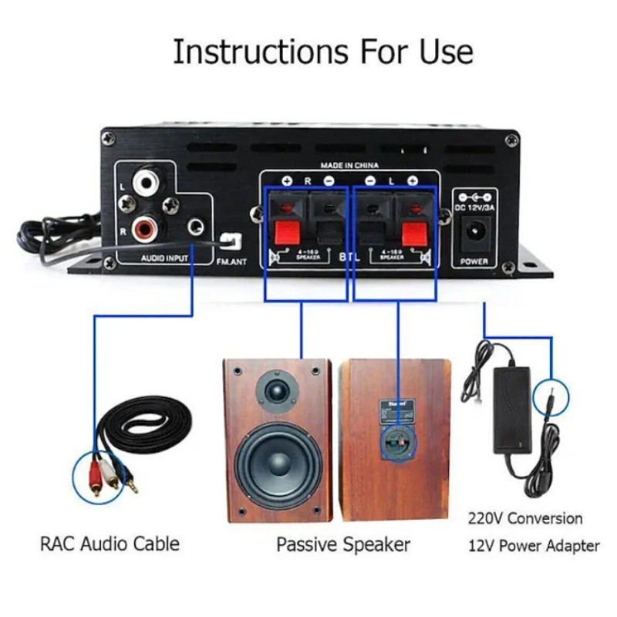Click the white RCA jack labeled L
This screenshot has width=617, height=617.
click(x=147, y=183)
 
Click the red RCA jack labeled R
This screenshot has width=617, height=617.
click(x=147, y=228)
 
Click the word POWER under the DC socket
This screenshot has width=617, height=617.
click(x=474, y=261)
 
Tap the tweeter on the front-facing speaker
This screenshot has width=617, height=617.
click(x=277, y=390)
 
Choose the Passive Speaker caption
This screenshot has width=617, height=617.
click(x=343, y=545)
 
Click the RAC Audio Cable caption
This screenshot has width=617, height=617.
click(x=110, y=543)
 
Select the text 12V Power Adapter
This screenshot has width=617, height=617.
click(x=534, y=546)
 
